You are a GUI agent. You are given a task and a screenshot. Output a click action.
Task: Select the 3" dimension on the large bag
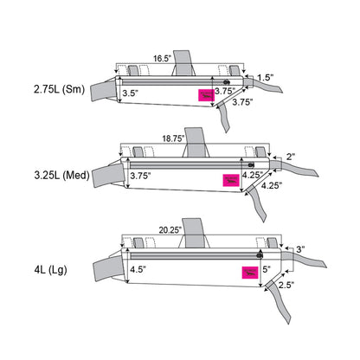coord(299,249)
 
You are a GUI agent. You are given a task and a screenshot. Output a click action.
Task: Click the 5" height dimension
coord(267,269)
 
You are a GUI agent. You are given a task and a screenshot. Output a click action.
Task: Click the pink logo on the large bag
coord(248,273)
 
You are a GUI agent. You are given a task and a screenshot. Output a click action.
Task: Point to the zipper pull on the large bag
coord(259,254)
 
